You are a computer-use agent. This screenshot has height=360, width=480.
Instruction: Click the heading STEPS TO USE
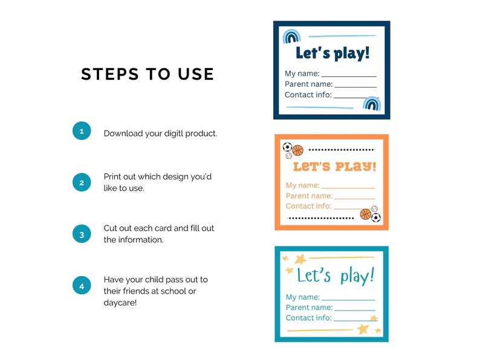[148, 74]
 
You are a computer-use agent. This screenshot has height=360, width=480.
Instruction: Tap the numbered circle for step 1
[82, 131]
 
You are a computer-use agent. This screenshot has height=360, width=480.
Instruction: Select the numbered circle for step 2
[82, 182]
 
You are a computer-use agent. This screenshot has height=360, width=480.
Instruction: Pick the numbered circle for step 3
[82, 234]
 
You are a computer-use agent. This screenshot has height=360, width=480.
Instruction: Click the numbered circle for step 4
[82, 286]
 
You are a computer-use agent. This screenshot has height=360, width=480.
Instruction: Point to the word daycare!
[120, 302]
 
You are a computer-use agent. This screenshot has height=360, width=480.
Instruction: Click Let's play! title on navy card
[332, 53]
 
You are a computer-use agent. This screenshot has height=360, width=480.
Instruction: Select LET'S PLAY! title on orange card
[334, 166]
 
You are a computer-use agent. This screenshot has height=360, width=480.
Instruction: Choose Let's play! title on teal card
[336, 276]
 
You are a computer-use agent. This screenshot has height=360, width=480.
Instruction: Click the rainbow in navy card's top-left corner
[292, 37]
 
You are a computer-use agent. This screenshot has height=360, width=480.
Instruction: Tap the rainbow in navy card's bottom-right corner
[371, 104]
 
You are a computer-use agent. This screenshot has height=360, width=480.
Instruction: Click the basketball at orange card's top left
[297, 150]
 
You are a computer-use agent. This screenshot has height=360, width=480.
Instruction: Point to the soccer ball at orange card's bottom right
[375, 217]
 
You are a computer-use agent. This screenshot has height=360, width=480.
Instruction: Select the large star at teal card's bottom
[363, 329]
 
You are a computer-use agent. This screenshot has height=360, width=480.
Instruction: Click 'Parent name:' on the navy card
[308, 84]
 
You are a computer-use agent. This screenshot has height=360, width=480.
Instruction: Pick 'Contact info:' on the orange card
[308, 206]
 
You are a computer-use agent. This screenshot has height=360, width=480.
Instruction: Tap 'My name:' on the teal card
[302, 297]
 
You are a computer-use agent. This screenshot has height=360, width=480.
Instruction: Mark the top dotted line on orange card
[342, 149]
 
